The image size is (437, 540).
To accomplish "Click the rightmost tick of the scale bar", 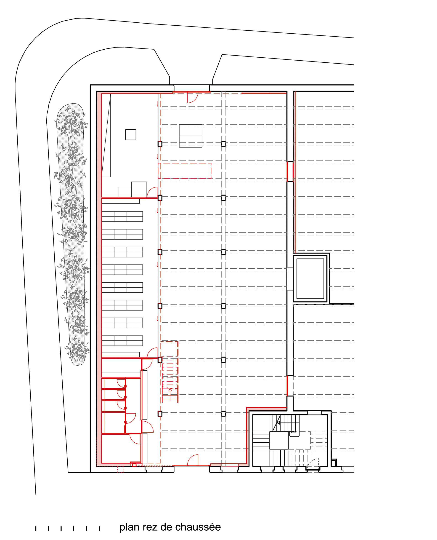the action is click(99, 528).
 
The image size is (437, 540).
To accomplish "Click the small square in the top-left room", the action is click(131, 134).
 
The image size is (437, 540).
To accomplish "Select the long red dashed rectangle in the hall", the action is click(185, 171).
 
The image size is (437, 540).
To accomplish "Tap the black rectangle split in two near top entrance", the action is click(191, 136).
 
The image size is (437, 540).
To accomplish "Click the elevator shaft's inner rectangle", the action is click(310, 278).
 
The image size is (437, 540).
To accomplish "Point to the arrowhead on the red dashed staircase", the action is click(170, 390).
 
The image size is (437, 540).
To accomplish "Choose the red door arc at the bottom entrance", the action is click(193, 460).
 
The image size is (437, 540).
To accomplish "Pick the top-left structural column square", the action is click(160, 144).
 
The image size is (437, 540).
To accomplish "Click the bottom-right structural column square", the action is click(223, 414).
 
